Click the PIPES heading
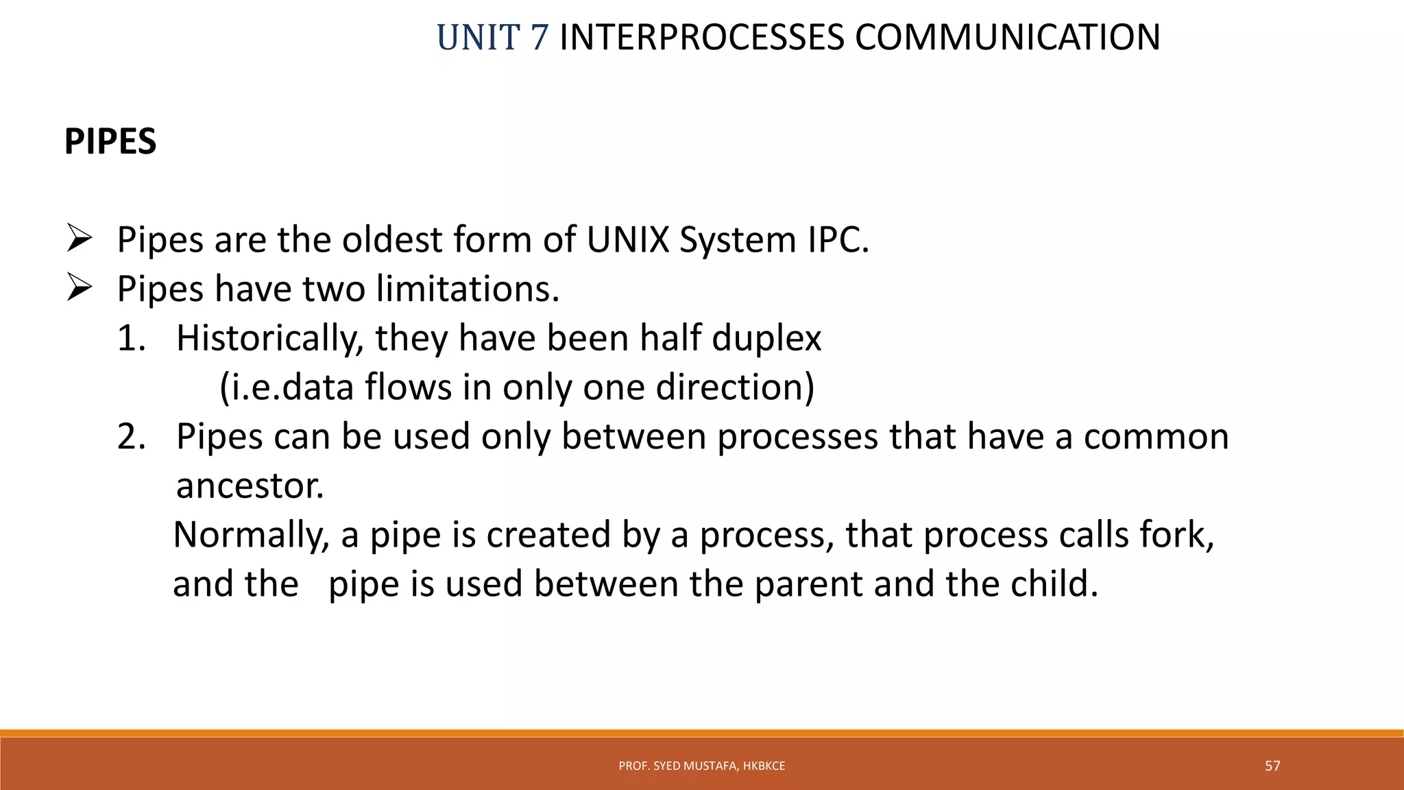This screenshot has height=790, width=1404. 110,142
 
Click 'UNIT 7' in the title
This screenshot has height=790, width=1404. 492,38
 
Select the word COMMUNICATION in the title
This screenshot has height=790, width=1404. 1007,38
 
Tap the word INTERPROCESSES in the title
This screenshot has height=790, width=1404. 702,38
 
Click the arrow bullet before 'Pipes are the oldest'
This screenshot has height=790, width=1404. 80,239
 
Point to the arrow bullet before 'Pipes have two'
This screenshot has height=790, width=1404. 80,288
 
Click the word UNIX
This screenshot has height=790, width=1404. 627,240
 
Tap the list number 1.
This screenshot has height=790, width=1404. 131,338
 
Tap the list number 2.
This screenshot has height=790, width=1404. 131,437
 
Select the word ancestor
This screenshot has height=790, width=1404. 250,486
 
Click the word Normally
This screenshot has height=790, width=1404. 251,535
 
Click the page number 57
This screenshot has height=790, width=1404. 1272,766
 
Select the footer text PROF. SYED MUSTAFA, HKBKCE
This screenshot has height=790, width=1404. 701,766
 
